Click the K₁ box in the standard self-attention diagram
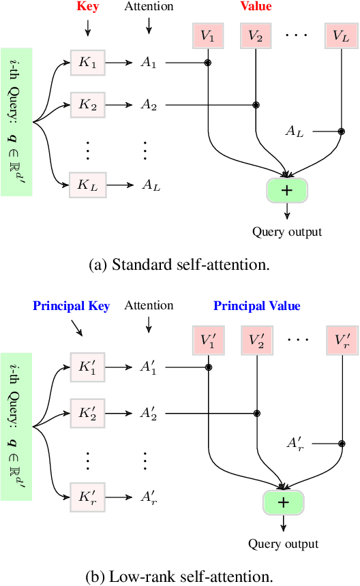[x=87, y=63]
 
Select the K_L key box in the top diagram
[x=87, y=184]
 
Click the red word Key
[x=87, y=7]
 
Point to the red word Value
[x=255, y=7]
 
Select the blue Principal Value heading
[x=256, y=306]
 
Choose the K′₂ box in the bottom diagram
[x=87, y=412]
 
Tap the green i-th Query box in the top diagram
[x=16, y=122]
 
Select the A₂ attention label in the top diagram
[x=148, y=105]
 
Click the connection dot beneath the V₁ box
[x=208, y=64]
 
